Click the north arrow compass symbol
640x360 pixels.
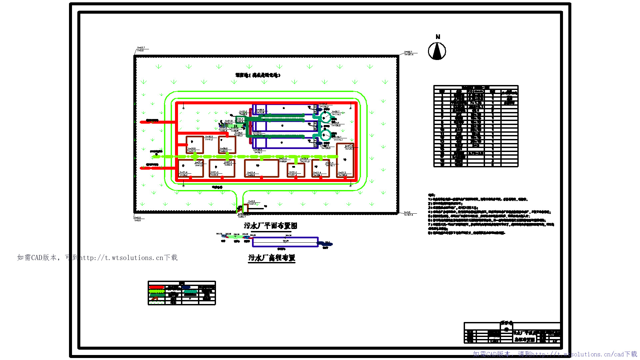tap(437, 51)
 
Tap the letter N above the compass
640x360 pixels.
tap(438, 37)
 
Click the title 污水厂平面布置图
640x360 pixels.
tap(270, 226)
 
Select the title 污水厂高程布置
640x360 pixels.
tap(272, 258)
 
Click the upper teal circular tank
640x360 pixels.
tap(326, 117)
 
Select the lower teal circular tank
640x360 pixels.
tap(325, 135)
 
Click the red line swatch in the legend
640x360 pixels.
tap(156, 287)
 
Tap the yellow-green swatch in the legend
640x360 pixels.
tap(156, 291)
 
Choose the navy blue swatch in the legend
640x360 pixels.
tap(186, 287)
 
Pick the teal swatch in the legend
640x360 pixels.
tap(190, 291)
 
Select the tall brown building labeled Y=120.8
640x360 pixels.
tap(345, 160)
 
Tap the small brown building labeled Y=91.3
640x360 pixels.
tap(296, 170)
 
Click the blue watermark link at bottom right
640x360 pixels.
tap(555, 354)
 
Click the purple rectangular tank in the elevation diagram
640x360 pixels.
tap(285, 242)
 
